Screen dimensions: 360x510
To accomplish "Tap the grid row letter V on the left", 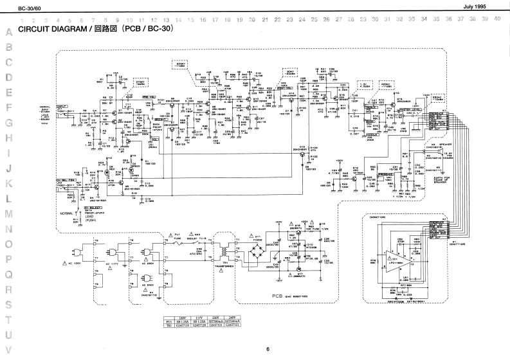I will point(9,350).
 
